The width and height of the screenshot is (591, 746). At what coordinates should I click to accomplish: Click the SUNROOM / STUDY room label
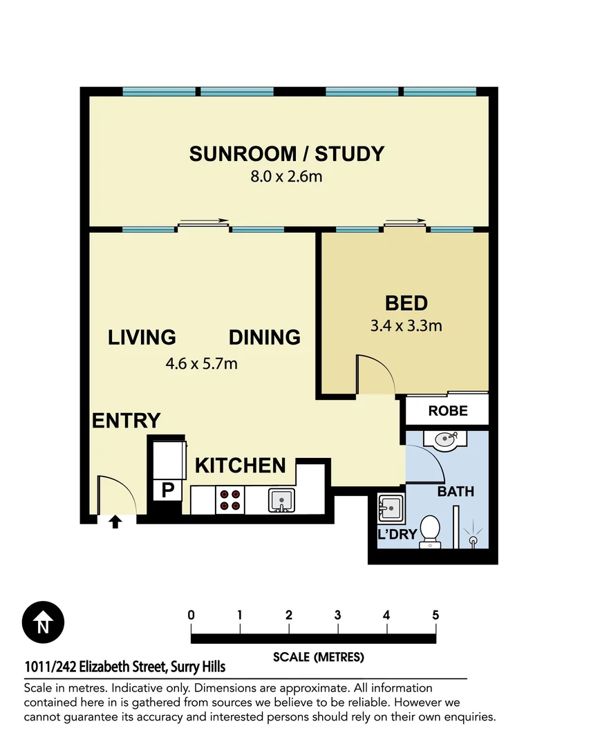tap(286, 153)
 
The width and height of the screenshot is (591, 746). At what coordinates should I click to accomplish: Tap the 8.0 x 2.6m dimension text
tap(286, 177)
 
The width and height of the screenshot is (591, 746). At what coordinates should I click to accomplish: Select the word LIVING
tap(142, 337)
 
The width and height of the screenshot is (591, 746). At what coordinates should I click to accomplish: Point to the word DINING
tap(265, 337)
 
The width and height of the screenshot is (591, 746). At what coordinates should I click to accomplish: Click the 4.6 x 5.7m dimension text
tap(203, 363)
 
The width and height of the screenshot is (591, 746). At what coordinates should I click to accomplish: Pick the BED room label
tap(406, 303)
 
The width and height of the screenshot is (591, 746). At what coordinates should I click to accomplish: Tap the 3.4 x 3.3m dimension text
tap(406, 325)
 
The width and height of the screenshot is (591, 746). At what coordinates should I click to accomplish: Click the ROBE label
tap(447, 411)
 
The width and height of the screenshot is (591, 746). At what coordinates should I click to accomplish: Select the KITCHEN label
tap(240, 466)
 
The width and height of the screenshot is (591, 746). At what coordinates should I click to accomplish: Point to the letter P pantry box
tap(167, 490)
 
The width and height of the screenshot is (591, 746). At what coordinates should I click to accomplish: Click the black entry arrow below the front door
tap(115, 522)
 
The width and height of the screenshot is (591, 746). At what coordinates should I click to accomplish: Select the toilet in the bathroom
tap(431, 531)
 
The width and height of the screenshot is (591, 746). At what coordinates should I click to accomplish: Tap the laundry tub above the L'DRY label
tap(390, 509)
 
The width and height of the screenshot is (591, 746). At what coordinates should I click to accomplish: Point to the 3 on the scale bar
tap(337, 615)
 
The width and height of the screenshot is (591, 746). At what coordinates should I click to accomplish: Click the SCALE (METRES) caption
tap(318, 657)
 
